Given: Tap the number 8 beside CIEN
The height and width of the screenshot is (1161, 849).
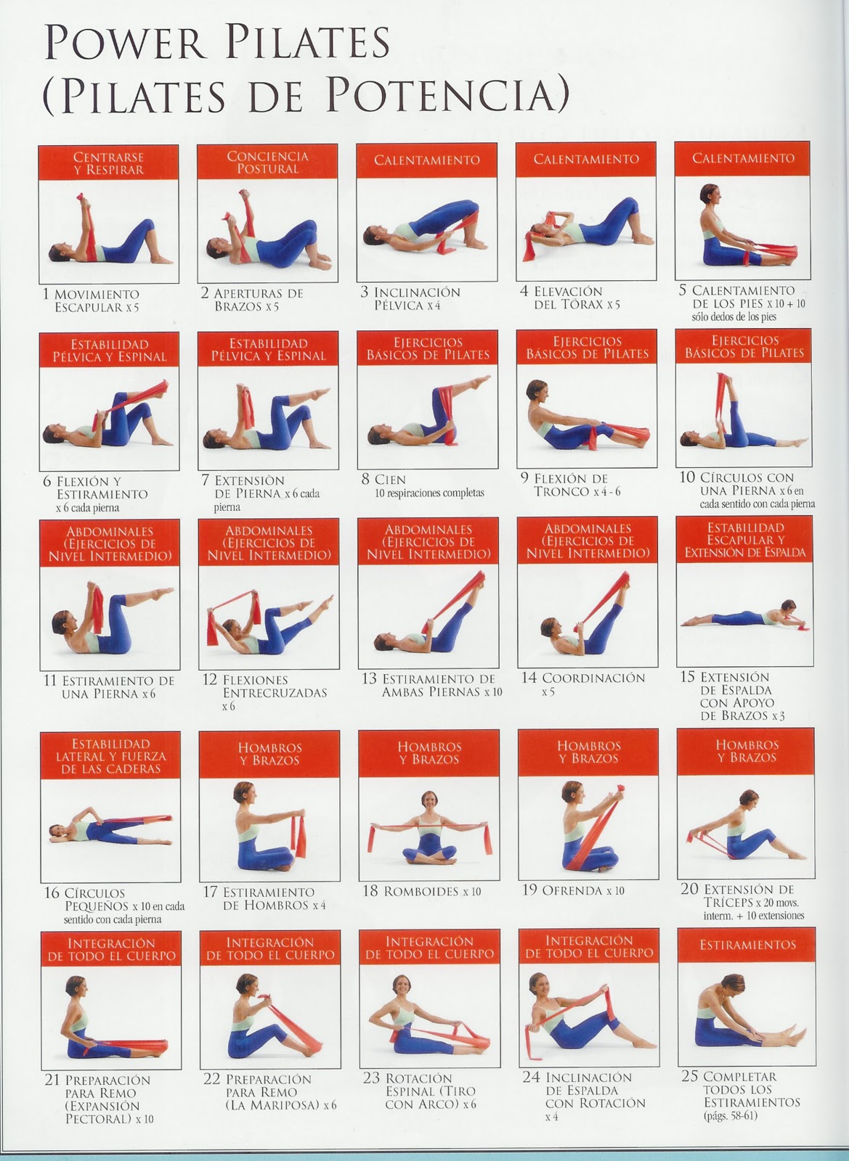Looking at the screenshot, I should (365, 480).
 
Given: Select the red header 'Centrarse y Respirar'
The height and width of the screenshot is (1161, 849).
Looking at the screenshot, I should (109, 163).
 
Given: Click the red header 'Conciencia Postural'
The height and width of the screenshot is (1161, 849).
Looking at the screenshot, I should (267, 162).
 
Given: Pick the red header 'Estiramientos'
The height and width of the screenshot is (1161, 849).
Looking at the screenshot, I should (747, 945).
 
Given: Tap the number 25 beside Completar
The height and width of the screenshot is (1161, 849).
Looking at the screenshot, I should (689, 1076).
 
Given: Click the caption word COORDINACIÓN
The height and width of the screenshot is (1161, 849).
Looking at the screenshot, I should (593, 678).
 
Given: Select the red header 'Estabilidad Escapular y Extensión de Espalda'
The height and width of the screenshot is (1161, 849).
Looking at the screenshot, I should (745, 541).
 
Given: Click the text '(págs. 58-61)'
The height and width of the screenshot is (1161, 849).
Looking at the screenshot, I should (730, 1115).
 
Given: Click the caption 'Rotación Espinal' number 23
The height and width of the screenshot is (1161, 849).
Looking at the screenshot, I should (370, 1078).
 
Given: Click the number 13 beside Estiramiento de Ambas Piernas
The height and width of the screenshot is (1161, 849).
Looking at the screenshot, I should (369, 679).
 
